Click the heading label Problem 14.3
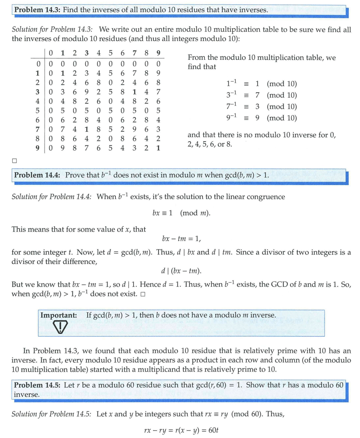pos(37,9)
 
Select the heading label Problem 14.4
pos(37,175)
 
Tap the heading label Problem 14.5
pos(37,385)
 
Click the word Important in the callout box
pos(58,315)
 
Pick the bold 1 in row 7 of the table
pos(87,130)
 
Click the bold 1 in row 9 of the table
pos(158,149)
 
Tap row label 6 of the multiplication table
pos(38,120)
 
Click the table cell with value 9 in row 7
pos(134,130)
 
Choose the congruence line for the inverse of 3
pos(259,96)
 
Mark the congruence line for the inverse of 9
pos(259,118)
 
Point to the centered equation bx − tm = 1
pos(181,238)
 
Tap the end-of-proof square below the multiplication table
pos(15,161)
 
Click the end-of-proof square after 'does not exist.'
pos(142,294)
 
